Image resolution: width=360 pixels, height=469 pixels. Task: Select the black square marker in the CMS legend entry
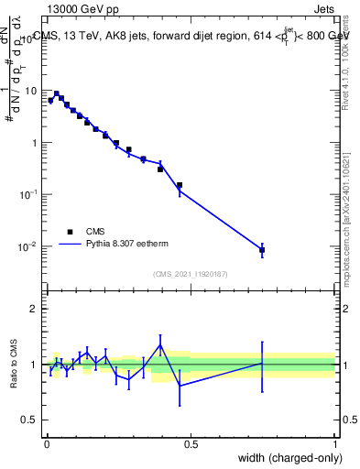coord(70,232)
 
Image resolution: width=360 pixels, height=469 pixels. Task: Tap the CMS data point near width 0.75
coord(262,249)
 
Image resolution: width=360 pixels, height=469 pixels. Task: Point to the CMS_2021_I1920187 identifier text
coord(189,274)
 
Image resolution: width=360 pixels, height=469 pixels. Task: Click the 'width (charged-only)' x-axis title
coord(290,457)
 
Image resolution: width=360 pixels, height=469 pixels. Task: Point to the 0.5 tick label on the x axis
coord(190,444)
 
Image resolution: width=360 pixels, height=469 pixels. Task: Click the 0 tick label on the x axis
coord(46,444)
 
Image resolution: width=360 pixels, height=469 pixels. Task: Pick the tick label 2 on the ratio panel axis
coord(35,309)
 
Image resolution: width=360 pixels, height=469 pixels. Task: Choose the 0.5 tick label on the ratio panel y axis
coord(30,420)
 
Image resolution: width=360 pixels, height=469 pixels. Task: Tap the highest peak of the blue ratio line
coord(160,345)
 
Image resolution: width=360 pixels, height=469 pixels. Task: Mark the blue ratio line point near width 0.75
coord(262,364)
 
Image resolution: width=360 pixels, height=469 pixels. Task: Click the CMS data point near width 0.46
coord(180,185)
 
